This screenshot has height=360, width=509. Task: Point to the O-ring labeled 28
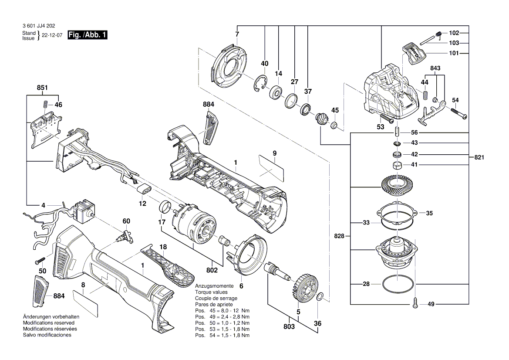pyautogui.click(x=398, y=284)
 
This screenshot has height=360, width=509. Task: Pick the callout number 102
pyautogui.click(x=454, y=33)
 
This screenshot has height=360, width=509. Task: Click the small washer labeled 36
pyautogui.click(x=320, y=297)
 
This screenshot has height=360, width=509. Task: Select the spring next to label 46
pyautogui.click(x=45, y=105)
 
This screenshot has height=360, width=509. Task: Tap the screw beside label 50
pyautogui.click(x=40, y=261)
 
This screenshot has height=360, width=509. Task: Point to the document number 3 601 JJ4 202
pyautogui.click(x=38, y=26)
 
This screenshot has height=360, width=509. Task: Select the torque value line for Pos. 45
pyautogui.click(x=222, y=311)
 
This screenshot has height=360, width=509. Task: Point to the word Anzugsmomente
pyautogui.click(x=214, y=286)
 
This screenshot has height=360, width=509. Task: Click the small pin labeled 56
pyautogui.click(x=397, y=132)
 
